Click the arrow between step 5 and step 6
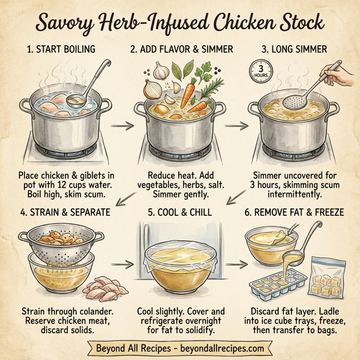238,264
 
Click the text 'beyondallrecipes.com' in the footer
217,348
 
